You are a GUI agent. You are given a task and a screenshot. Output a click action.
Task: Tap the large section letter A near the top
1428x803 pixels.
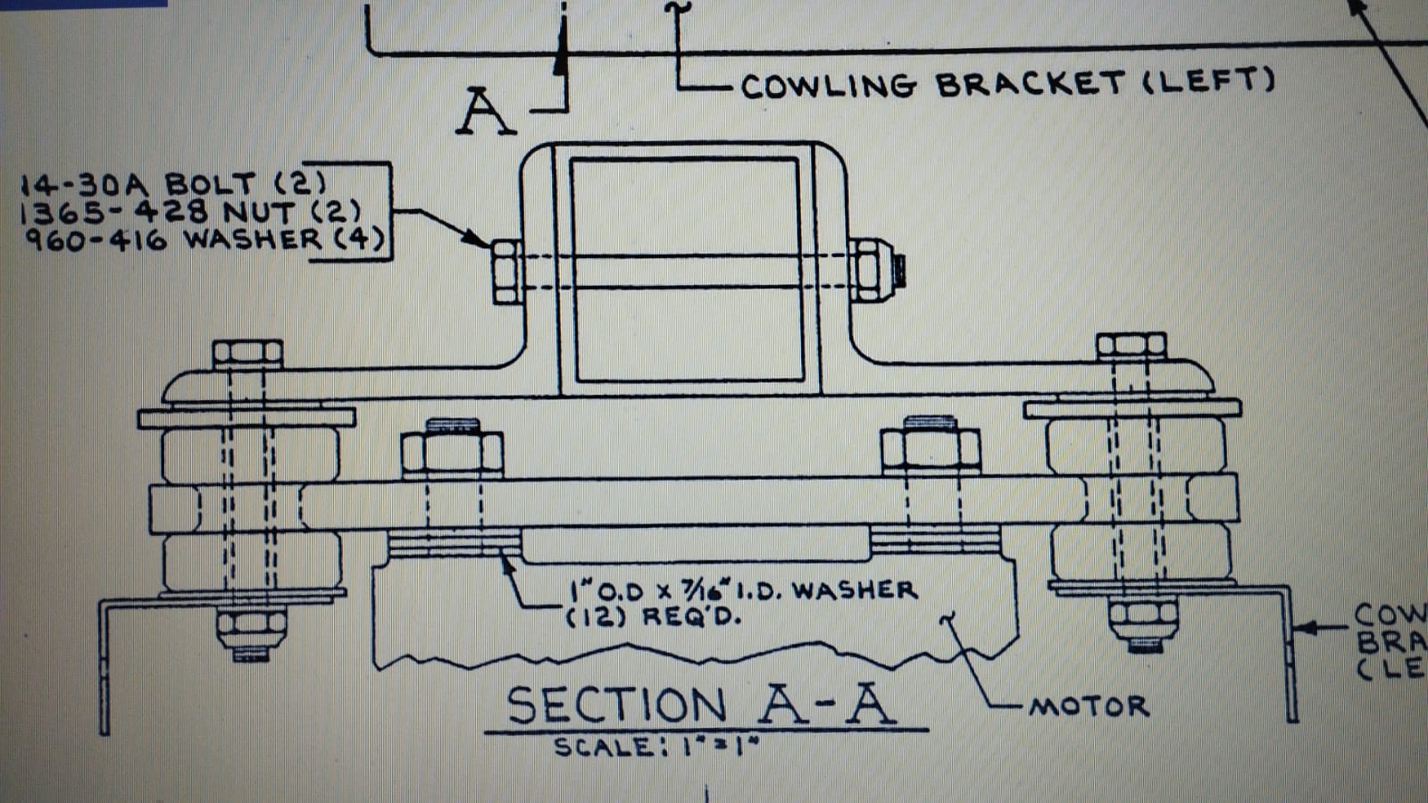(x=485, y=112)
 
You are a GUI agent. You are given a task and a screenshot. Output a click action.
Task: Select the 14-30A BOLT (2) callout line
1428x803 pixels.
(x=173, y=185)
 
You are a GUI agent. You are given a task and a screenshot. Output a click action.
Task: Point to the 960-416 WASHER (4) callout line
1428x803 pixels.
(x=205, y=239)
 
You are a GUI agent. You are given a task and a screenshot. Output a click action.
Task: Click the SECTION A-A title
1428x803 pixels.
(x=701, y=706)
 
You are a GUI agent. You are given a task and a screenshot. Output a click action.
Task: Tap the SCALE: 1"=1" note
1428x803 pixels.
(x=656, y=747)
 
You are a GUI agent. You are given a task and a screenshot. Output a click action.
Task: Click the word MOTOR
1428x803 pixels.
(x=1089, y=707)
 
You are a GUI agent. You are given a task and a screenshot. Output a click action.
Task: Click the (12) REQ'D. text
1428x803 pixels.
(x=654, y=616)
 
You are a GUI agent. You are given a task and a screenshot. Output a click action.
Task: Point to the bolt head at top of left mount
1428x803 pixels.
(x=247, y=354)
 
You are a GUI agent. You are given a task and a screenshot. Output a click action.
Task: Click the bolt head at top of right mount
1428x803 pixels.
(x=1131, y=346)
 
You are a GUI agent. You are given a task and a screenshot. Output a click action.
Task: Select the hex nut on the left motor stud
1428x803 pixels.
(x=452, y=451)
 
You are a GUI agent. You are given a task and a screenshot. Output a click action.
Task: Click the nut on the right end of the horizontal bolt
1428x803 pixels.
(x=869, y=269)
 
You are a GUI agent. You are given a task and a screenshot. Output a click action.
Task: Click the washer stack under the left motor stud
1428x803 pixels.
(x=455, y=542)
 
